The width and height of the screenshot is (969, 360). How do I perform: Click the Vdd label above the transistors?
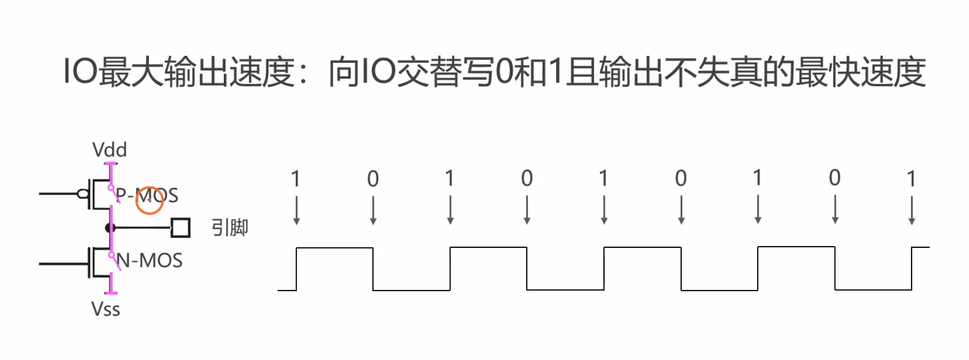(109, 150)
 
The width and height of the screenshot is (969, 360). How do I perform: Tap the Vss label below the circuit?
(106, 309)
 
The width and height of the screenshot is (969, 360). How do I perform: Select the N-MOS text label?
(150, 261)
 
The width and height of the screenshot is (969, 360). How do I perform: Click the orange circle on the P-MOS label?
(150, 200)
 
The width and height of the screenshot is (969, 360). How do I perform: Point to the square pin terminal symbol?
(180, 228)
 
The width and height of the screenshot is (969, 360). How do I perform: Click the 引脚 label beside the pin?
(230, 228)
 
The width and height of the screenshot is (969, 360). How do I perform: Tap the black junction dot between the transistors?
(111, 228)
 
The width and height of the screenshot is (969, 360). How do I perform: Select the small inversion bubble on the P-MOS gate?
(83, 194)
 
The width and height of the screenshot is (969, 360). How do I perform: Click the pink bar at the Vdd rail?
(111, 163)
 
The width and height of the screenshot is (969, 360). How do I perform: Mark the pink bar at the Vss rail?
(111, 293)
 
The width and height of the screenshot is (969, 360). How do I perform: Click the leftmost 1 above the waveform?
(296, 178)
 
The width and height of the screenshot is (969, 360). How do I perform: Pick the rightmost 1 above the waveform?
(912, 178)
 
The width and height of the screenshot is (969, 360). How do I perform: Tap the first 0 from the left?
(373, 178)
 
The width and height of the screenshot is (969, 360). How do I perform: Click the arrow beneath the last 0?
(835, 210)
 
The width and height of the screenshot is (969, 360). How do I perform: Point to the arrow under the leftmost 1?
(296, 210)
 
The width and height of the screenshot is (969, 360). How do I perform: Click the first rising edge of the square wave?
(296, 269)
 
